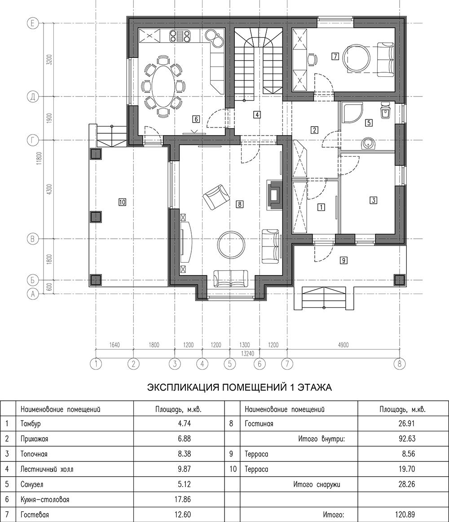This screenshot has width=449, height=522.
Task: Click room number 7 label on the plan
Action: (335, 56)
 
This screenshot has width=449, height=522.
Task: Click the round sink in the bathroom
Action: (368, 144)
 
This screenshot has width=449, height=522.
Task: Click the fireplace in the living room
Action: (274, 195)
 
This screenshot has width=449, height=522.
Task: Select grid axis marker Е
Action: (32, 23)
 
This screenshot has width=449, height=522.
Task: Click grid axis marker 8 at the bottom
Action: (399, 364)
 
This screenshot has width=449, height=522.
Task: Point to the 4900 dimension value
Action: (343, 345)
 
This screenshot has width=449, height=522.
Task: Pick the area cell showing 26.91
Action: (407, 423)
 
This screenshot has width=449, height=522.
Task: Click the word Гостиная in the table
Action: (259, 424)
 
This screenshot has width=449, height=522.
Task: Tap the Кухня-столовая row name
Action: (44, 500)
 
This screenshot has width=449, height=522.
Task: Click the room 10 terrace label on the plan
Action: (122, 202)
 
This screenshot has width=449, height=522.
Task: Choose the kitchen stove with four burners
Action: (180, 36)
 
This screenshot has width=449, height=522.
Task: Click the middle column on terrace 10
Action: (96, 217)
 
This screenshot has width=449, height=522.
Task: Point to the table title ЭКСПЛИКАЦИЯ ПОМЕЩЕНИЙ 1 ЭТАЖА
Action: (239, 387)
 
